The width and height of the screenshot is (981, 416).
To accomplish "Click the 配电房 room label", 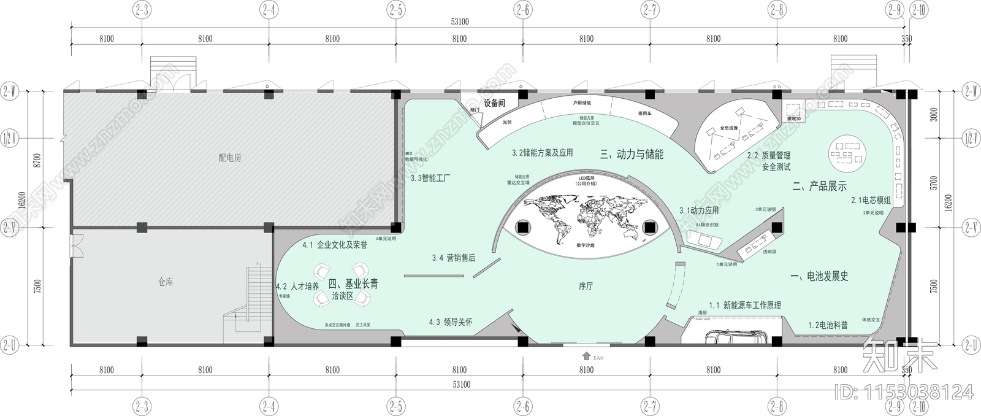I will [230, 158].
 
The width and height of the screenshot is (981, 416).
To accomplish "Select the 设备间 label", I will [494, 103].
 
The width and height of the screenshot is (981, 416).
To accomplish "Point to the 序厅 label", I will [586, 286].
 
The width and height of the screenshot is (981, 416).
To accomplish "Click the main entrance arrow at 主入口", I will [586, 356].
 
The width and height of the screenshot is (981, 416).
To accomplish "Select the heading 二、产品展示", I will [819, 187].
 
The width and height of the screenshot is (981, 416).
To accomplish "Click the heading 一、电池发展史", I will [819, 277].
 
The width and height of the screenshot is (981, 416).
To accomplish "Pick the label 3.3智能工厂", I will [430, 179].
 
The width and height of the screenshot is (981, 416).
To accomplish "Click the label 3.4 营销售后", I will [453, 258].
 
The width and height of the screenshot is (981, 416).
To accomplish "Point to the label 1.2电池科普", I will [828, 325].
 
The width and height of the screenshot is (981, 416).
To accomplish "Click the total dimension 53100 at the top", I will [459, 21].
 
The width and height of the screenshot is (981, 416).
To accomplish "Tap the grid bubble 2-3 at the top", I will [142, 10].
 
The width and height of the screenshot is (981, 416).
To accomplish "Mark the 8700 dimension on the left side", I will [37, 161].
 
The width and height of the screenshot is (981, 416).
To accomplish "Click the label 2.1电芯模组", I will [870, 201].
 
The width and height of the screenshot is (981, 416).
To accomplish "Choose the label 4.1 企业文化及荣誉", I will [335, 245].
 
